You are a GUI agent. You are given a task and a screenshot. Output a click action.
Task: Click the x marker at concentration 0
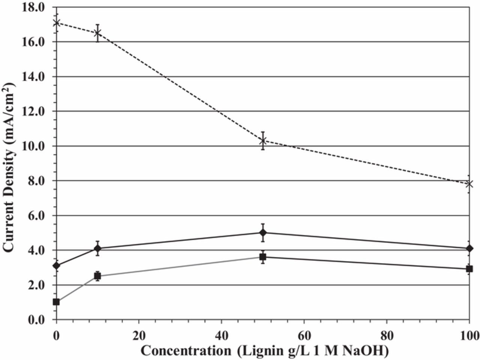(56, 23)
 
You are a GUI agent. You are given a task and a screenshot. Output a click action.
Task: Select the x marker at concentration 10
(97, 33)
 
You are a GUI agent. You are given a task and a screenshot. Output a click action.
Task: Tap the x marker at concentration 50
(263, 141)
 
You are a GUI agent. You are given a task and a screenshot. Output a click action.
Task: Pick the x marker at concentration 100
(469, 184)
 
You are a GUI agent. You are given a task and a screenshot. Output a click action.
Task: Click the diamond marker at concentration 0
(56, 266)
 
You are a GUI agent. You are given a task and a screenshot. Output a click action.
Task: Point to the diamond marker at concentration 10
(97, 248)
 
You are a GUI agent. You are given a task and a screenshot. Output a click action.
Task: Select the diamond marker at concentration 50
(263, 232)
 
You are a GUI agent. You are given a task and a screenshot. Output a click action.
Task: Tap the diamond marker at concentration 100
(469, 248)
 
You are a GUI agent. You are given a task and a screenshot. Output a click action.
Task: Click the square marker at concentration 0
(56, 302)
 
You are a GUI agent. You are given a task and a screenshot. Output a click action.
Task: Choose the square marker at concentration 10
(97, 276)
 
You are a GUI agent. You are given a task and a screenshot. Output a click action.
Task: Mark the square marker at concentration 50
(263, 257)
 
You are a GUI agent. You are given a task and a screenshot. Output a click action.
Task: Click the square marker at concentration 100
(469, 269)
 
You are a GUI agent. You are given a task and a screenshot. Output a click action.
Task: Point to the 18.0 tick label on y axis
(33, 7)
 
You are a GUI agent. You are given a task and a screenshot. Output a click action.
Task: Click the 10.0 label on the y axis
(33, 146)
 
